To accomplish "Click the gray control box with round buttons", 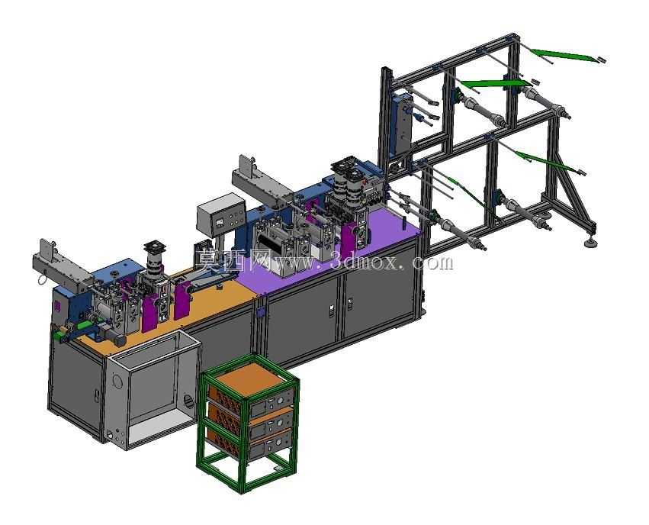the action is coord(221,215).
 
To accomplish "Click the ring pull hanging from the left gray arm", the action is coord(42,280).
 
